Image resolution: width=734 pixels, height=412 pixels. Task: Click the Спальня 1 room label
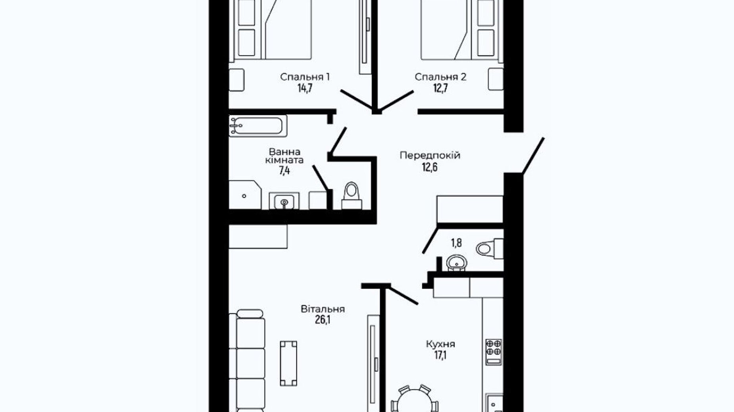[305, 77]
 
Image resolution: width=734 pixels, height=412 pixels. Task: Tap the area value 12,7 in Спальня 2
[440, 88]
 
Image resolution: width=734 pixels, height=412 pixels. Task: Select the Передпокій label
[430, 155]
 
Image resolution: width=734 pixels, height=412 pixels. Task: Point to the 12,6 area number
[430, 167]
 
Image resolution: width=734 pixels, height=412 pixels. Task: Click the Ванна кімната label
[284, 156]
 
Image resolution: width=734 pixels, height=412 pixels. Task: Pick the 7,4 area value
[284, 171]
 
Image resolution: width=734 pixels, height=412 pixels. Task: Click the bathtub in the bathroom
[258, 126]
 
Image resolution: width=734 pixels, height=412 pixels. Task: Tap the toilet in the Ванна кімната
[352, 196]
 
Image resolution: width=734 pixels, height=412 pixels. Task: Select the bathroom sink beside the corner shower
[284, 201]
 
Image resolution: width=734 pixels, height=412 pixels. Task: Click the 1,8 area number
[456, 242]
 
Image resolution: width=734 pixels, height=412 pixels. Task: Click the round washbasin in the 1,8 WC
[457, 263]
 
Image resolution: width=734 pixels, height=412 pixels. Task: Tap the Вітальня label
[323, 309]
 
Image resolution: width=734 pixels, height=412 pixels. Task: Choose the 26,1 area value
[323, 320]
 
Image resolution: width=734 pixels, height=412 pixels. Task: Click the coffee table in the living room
[288, 363]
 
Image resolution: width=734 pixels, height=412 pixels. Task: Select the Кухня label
[440, 344]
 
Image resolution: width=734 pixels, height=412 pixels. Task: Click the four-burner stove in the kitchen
[494, 352]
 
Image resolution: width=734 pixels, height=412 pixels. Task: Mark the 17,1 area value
[440, 355]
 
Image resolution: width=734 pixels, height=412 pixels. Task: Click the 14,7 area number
[305, 88]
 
